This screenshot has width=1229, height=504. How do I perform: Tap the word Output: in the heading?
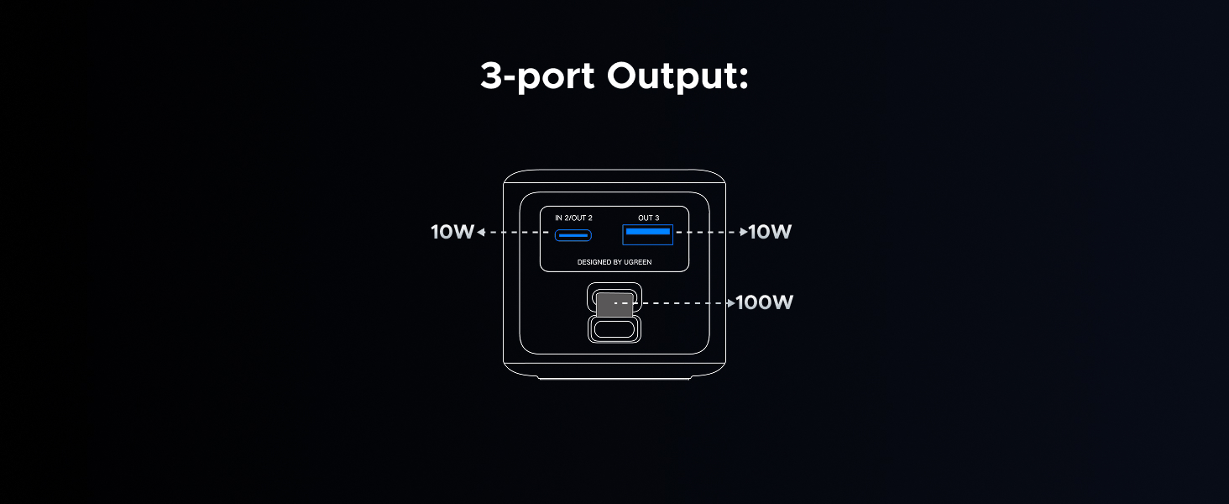coord(677,76)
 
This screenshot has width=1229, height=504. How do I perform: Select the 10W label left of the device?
coord(452,232)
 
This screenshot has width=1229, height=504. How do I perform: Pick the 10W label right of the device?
coord(770,232)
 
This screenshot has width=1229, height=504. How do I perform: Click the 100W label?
coord(764,302)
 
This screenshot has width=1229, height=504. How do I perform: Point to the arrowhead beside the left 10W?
coord(480,233)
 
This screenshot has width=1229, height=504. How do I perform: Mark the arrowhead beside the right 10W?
coord(743,232)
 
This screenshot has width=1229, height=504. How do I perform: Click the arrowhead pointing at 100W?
coord(730,302)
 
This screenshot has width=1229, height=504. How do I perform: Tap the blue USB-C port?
coord(573,234)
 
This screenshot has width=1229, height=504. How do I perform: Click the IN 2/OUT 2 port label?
coord(573,218)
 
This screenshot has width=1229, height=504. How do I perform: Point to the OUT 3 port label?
coord(648,218)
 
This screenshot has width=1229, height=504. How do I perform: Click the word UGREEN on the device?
coord(637,262)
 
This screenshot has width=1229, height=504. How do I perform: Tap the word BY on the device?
coord(618,262)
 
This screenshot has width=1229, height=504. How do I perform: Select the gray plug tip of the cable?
coord(614,305)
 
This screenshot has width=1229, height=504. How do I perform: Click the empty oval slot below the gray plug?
coord(614,328)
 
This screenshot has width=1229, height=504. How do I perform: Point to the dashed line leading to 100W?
coord(680,302)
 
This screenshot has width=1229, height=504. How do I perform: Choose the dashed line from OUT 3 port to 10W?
coord(707,232)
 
